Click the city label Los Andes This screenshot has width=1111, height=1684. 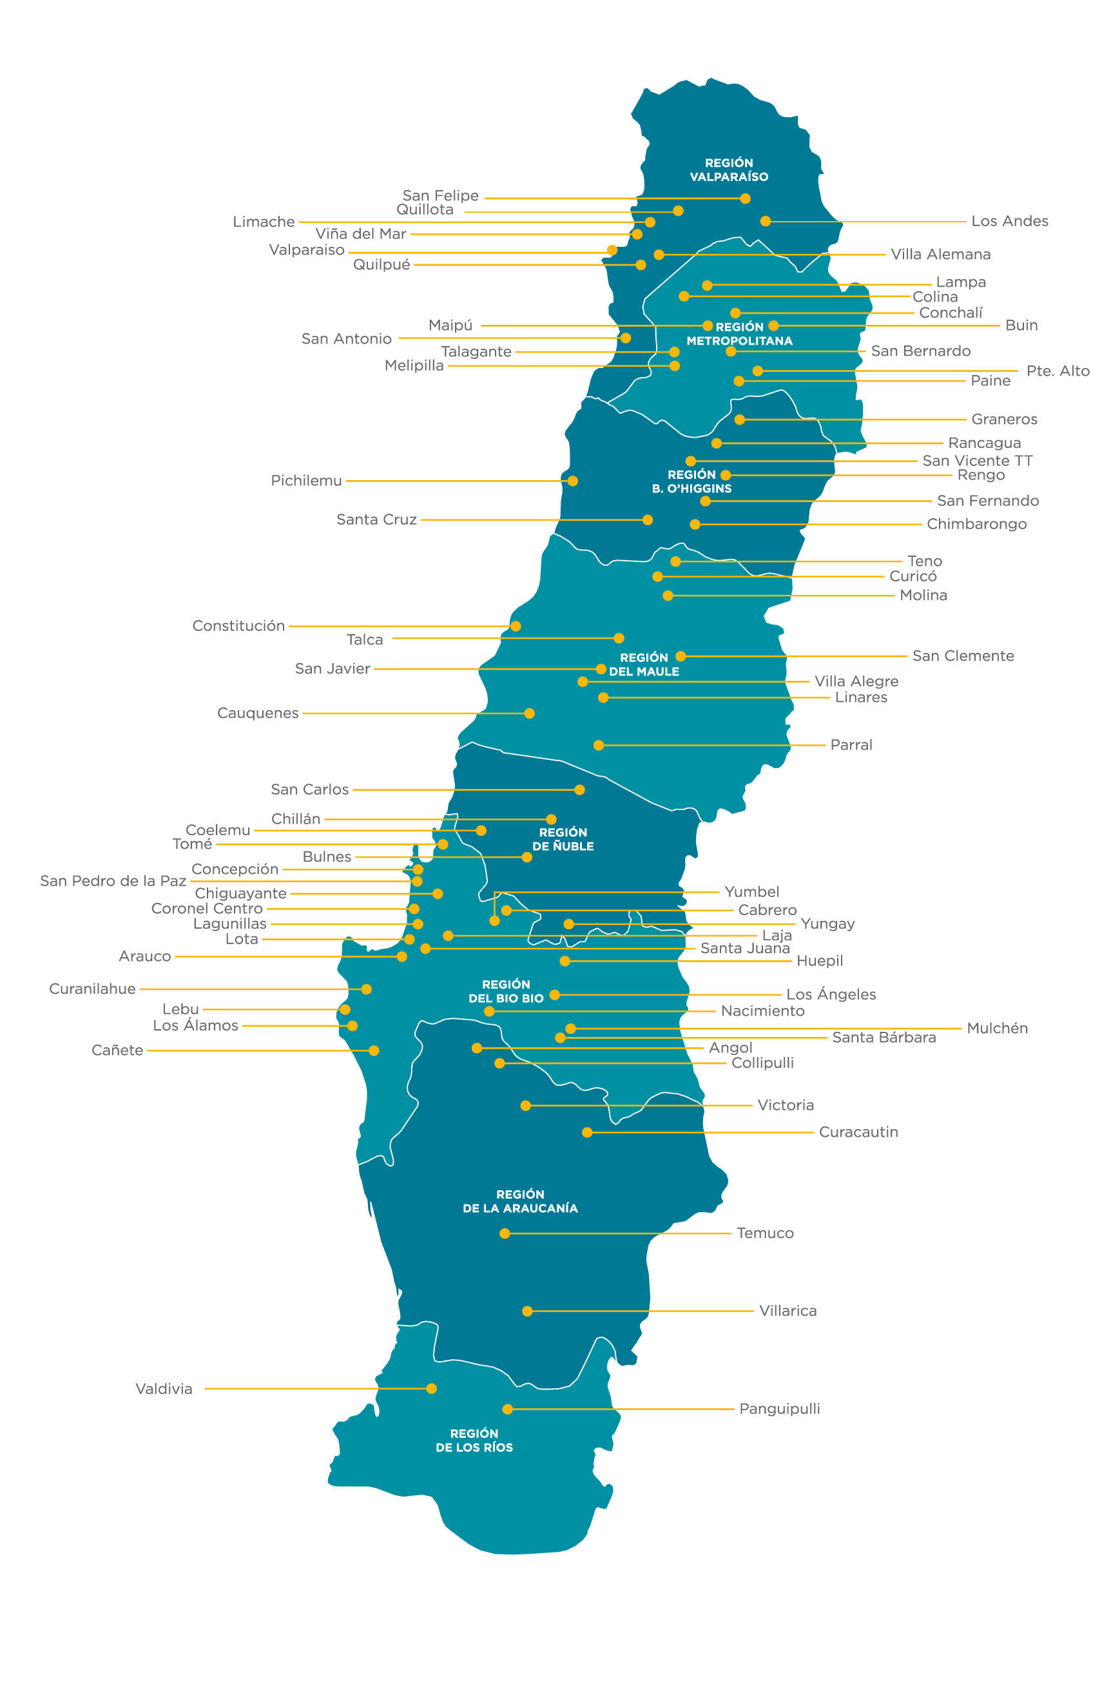point(1009,221)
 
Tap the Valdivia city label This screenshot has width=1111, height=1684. point(164,1389)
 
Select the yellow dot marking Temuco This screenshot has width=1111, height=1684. point(505,1234)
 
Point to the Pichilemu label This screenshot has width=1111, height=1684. point(306,480)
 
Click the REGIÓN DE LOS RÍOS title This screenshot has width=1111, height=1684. point(474,1440)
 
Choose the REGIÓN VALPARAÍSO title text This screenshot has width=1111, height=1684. point(729,170)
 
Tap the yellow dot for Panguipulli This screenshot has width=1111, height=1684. point(507,1409)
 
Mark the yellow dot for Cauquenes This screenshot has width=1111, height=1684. point(529,713)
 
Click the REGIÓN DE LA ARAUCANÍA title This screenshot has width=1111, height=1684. point(520,1201)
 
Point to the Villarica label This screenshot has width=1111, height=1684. point(788,1311)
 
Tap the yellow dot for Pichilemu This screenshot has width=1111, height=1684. point(572,481)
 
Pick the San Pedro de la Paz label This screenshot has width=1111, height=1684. point(113,880)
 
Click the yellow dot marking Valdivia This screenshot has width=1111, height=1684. point(432,1389)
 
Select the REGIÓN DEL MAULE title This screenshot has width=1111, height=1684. point(643,664)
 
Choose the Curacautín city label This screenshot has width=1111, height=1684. point(858,1132)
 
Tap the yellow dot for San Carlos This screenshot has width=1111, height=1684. point(579,789)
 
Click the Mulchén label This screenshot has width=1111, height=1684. point(997,1028)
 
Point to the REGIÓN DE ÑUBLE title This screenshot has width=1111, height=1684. point(563,840)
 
